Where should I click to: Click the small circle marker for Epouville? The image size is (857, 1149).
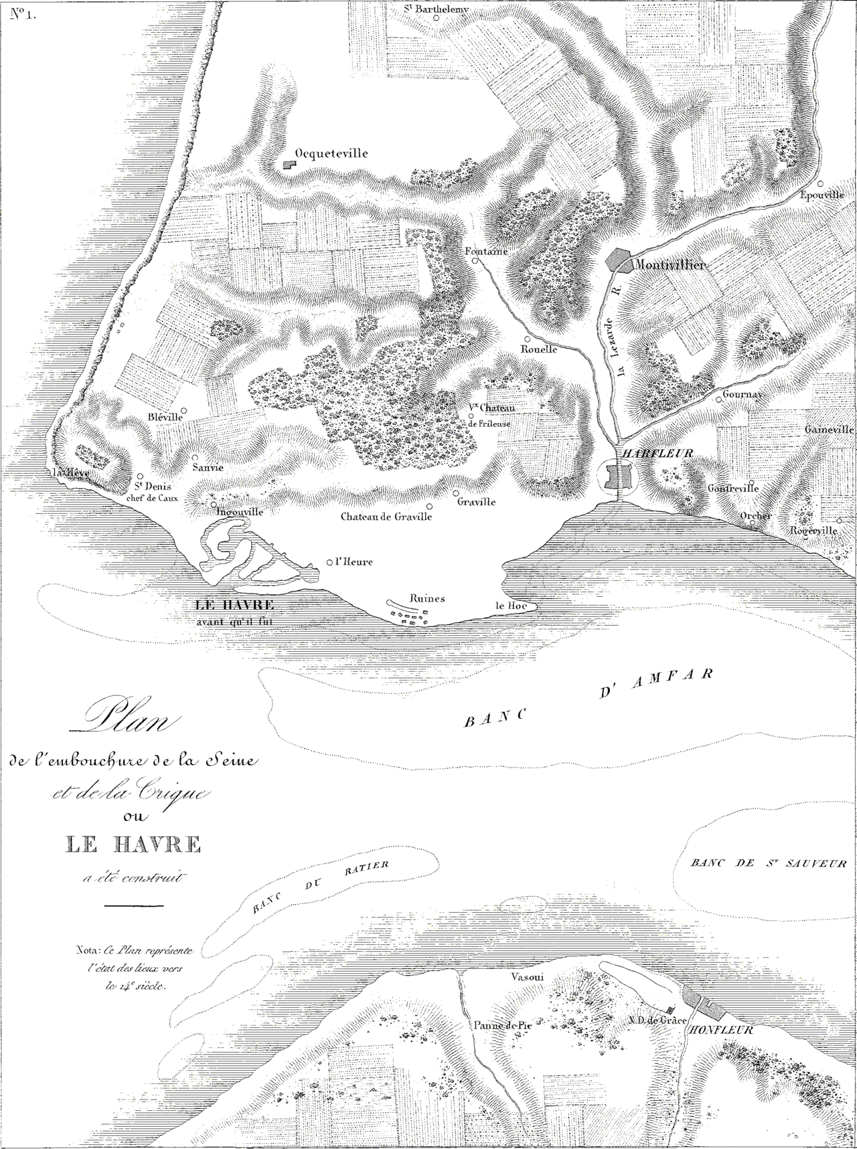click(x=820, y=183)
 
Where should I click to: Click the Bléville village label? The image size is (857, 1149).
click(x=165, y=416)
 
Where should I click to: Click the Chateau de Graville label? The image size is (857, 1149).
click(x=386, y=517)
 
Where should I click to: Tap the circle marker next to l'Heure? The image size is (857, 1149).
click(x=329, y=563)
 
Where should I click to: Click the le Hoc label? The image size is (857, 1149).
click(x=509, y=606)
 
